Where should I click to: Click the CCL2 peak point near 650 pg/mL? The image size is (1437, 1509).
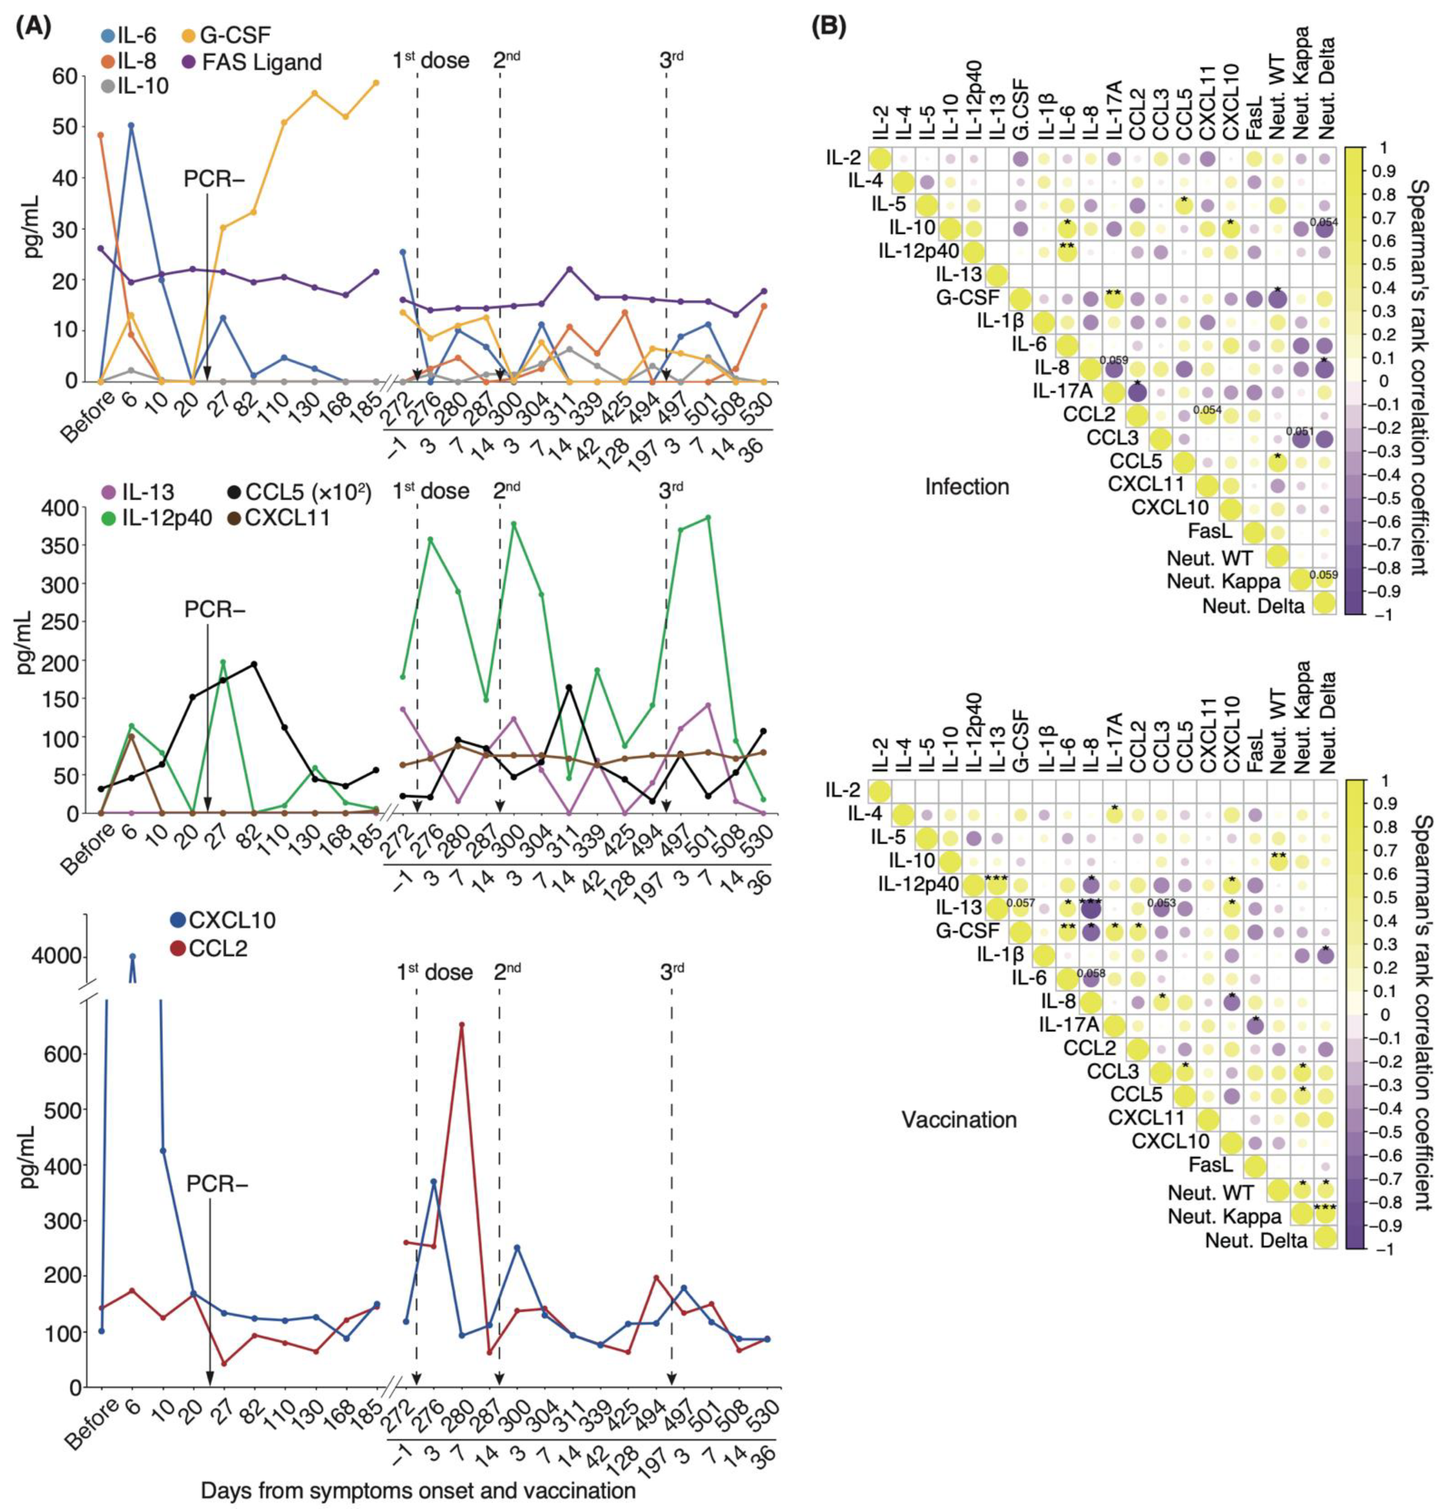tap(461, 1046)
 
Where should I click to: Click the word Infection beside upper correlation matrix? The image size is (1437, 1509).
tap(967, 486)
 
